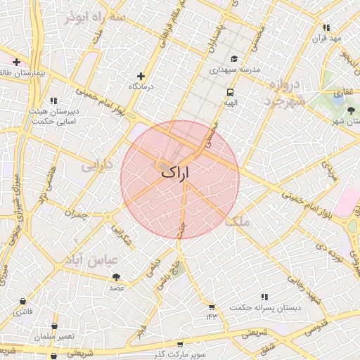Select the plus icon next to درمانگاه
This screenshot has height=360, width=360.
pyautogui.click(x=141, y=76)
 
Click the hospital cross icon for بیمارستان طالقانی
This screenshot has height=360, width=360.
pyautogui.click(x=16, y=63)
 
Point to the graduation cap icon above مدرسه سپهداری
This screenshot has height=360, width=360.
pyautogui.click(x=233, y=60)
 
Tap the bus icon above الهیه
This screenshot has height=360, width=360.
pyautogui.click(x=230, y=92)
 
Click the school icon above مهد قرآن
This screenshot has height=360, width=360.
pyautogui.click(x=326, y=27)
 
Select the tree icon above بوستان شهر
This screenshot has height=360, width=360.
pyautogui.click(x=351, y=110)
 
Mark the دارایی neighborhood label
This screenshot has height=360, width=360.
pyautogui.click(x=97, y=166)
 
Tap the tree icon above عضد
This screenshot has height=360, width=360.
pyautogui.click(x=116, y=277)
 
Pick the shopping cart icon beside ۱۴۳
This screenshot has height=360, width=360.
pyautogui.click(x=211, y=307)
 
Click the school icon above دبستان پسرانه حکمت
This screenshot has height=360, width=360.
pyautogui.click(x=264, y=297)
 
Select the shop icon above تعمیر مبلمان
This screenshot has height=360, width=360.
pyautogui.click(x=55, y=326)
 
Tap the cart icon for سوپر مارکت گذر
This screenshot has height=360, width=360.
pyautogui.click(x=181, y=345)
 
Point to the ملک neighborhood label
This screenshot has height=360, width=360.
pyautogui.click(x=238, y=221)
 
